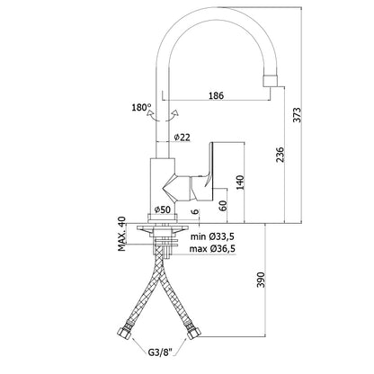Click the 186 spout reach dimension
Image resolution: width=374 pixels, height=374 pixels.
click(x=216, y=95)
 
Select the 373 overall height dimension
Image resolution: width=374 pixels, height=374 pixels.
click(x=297, y=115)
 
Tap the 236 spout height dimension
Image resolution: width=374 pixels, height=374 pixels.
click(x=280, y=155)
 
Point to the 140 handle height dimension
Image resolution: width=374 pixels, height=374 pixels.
click(x=240, y=183)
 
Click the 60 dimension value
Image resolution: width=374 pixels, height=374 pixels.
click(x=223, y=206)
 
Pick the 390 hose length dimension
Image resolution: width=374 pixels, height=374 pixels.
click(x=262, y=280)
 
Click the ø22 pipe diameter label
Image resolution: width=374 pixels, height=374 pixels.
click(x=182, y=138)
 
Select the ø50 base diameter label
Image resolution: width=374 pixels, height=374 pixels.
click(x=163, y=209)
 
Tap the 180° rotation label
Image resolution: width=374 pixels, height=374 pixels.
click(x=141, y=107)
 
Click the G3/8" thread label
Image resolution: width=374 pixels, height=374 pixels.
click(x=160, y=352)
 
